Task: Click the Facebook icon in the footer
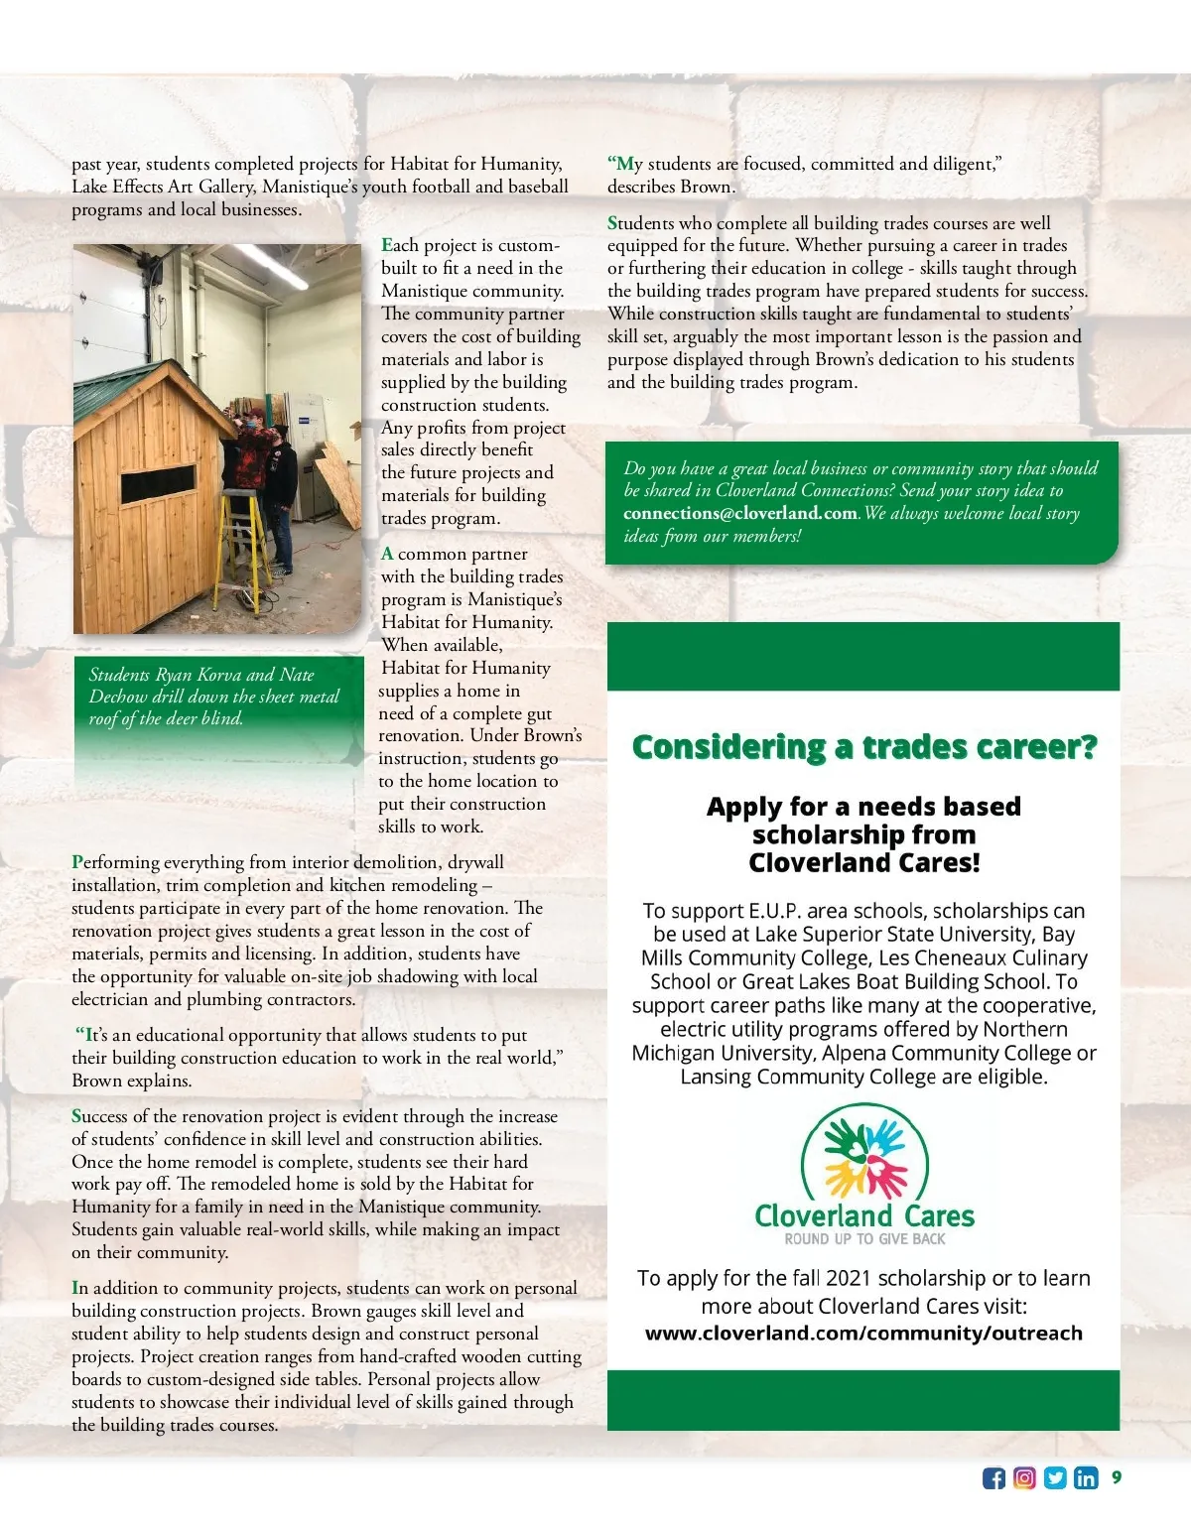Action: pos(993,1478)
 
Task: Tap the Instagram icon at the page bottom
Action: pos(1024,1478)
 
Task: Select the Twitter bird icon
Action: pos(1055,1478)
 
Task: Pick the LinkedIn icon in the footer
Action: pos(1086,1478)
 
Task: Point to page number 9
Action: pos(1117,1477)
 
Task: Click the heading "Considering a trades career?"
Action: pos(863,746)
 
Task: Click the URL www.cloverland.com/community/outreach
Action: pos(863,1333)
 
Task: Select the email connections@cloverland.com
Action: pos(739,513)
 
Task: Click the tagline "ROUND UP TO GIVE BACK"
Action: pos(864,1239)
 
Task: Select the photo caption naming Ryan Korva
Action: pos(213,696)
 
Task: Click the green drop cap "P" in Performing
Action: pos(77,862)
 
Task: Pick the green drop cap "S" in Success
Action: pos(77,1116)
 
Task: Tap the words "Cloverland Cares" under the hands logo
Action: pos(864,1215)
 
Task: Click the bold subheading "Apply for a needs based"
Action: pos(863,807)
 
